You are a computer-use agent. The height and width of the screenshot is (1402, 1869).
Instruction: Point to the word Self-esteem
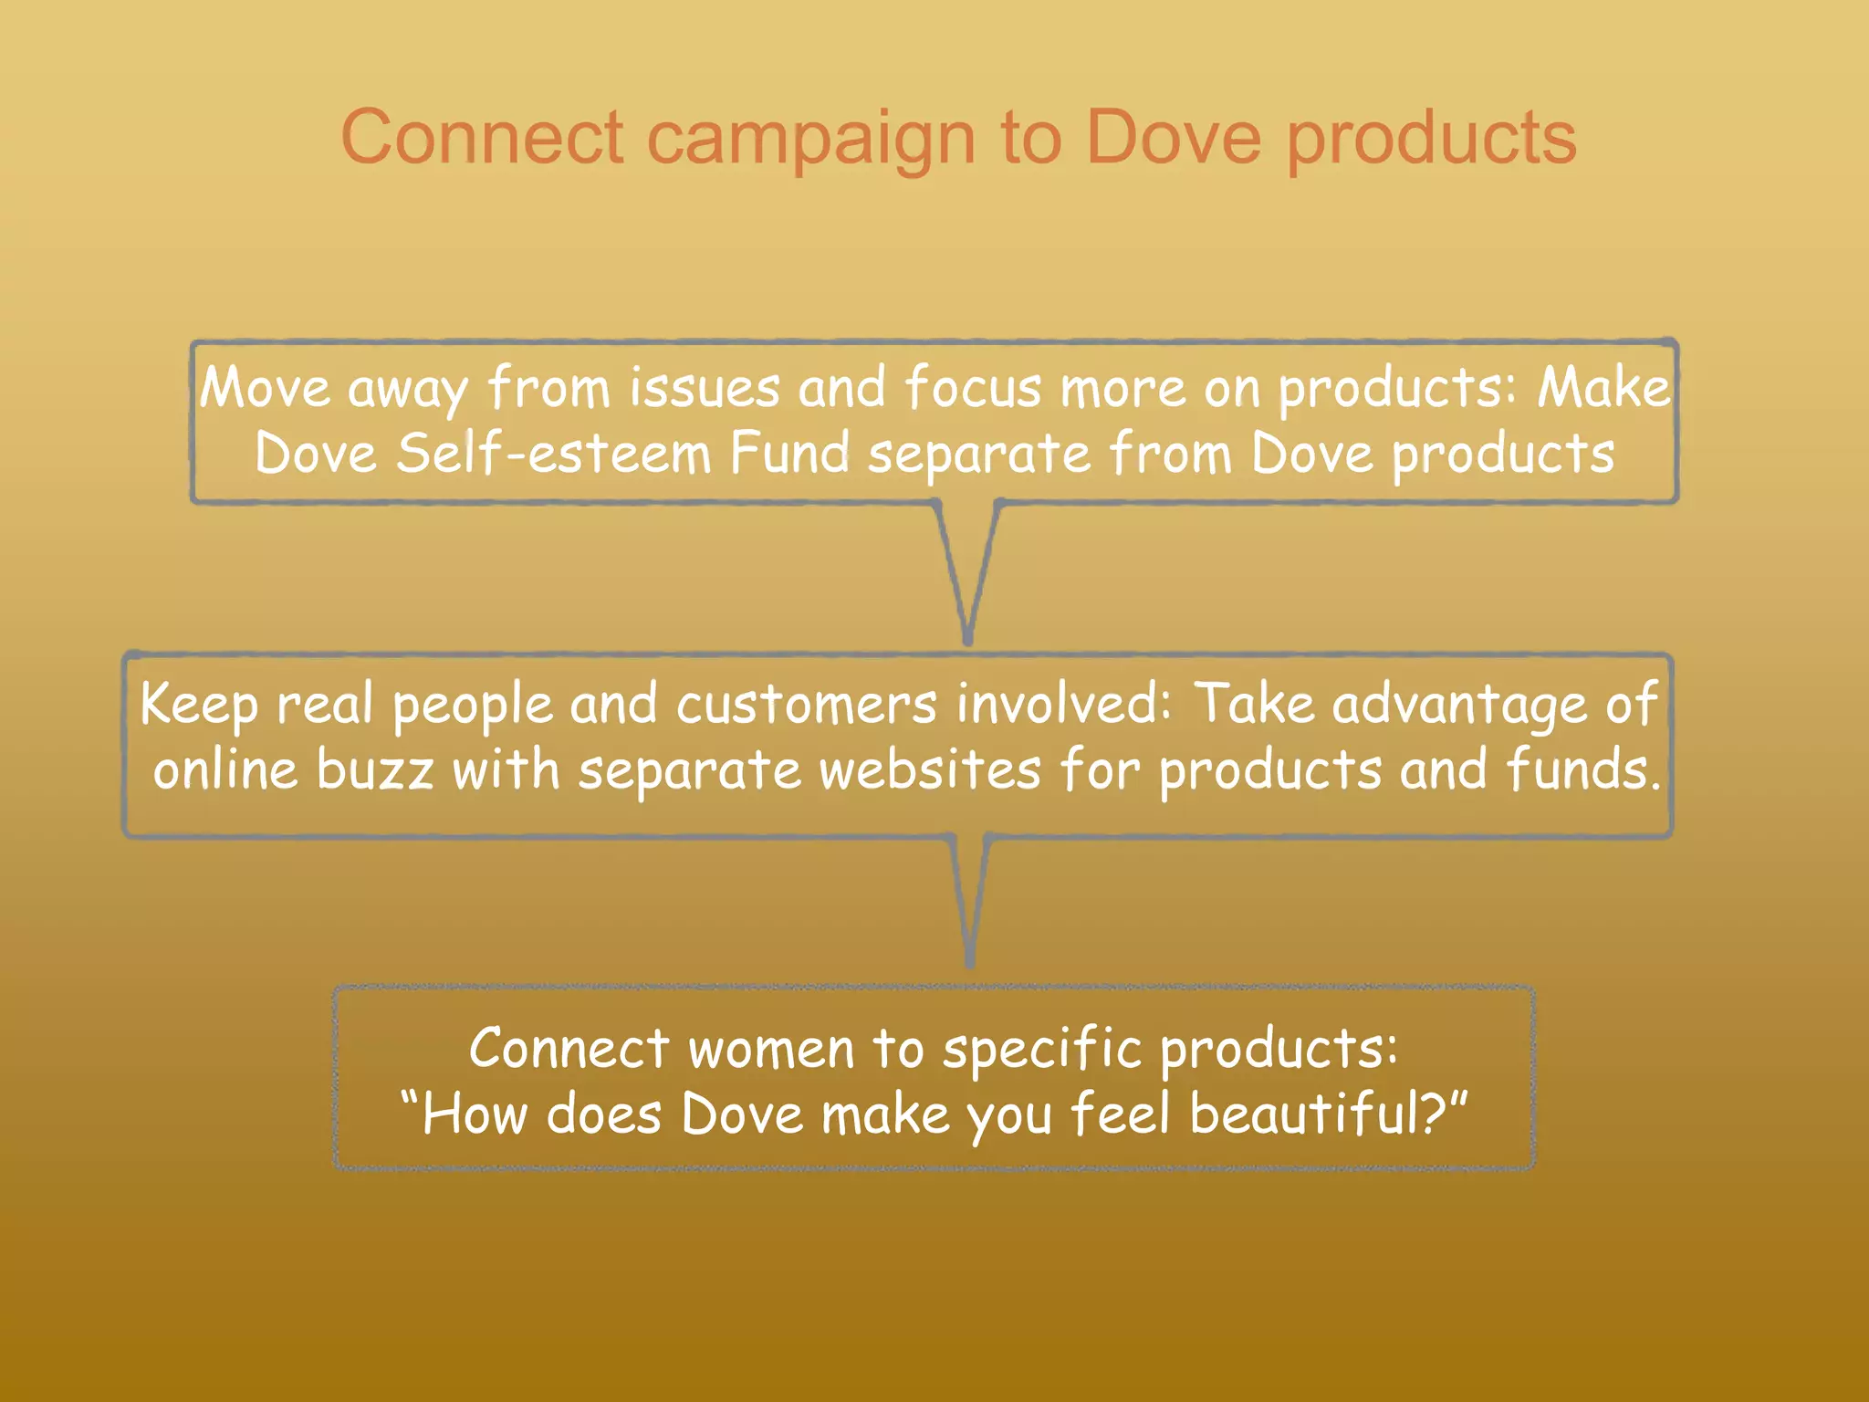click(x=553, y=454)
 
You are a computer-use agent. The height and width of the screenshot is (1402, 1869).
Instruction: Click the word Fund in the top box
click(x=789, y=454)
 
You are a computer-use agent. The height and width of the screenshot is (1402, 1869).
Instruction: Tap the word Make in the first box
click(x=1603, y=387)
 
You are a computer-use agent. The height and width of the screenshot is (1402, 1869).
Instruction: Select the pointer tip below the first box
click(x=967, y=640)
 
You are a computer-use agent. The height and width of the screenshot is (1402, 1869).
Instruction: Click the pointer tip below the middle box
click(x=970, y=962)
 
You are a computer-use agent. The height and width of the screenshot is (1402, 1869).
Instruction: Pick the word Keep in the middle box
click(x=199, y=706)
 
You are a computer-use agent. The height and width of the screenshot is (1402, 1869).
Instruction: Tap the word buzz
click(x=375, y=771)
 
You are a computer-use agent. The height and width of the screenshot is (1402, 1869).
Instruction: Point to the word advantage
click(x=1459, y=706)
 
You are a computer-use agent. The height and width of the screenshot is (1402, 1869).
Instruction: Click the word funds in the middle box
click(x=1582, y=771)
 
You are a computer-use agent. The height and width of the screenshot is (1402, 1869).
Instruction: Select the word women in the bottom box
click(x=771, y=1050)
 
